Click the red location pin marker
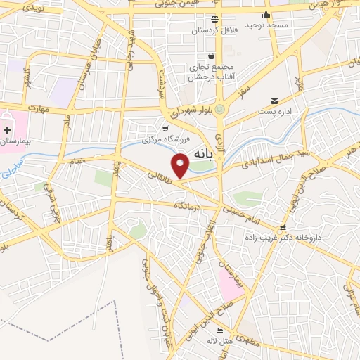coord(181,165)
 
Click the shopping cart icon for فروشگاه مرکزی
coord(165,128)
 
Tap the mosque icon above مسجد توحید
coord(265,15)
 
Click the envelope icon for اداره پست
coord(275,101)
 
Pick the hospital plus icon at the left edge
coord(8,130)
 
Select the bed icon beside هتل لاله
coord(220,330)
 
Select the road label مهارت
coord(41,109)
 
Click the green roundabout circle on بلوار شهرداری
coord(219,110)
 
